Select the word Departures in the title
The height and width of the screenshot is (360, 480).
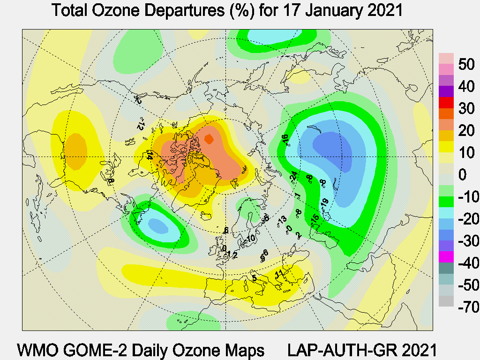[x=180, y=10]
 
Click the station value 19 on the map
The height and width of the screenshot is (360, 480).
[x=324, y=202]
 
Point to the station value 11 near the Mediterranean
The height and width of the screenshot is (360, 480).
[x=279, y=273]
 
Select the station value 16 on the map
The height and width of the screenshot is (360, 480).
[x=284, y=139]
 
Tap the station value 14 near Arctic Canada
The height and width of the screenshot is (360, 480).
[x=150, y=155]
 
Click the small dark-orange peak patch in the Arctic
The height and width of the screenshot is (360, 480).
[x=209, y=139]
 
